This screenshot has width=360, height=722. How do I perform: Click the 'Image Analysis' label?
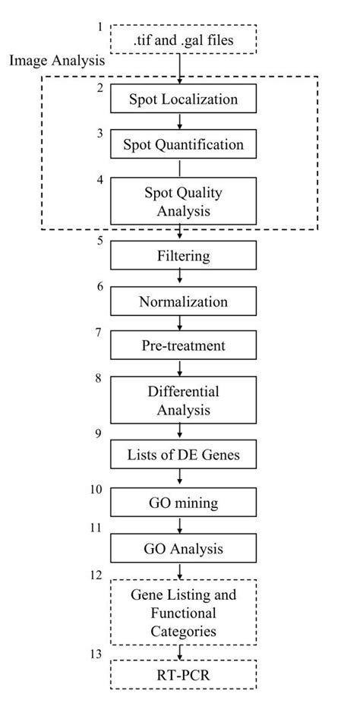(x=57, y=61)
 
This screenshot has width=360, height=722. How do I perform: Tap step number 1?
(x=99, y=28)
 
